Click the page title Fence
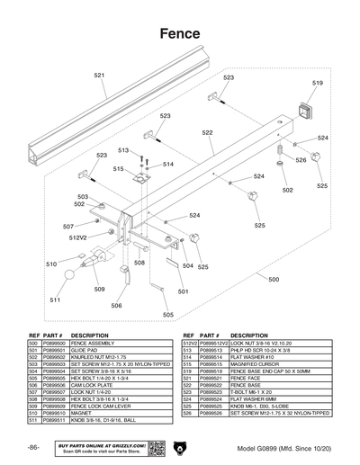click(179, 33)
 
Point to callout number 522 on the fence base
click(207, 132)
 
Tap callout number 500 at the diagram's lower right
click(260, 278)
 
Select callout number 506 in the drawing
click(116, 306)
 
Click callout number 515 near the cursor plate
click(118, 168)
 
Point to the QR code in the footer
click(154, 448)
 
